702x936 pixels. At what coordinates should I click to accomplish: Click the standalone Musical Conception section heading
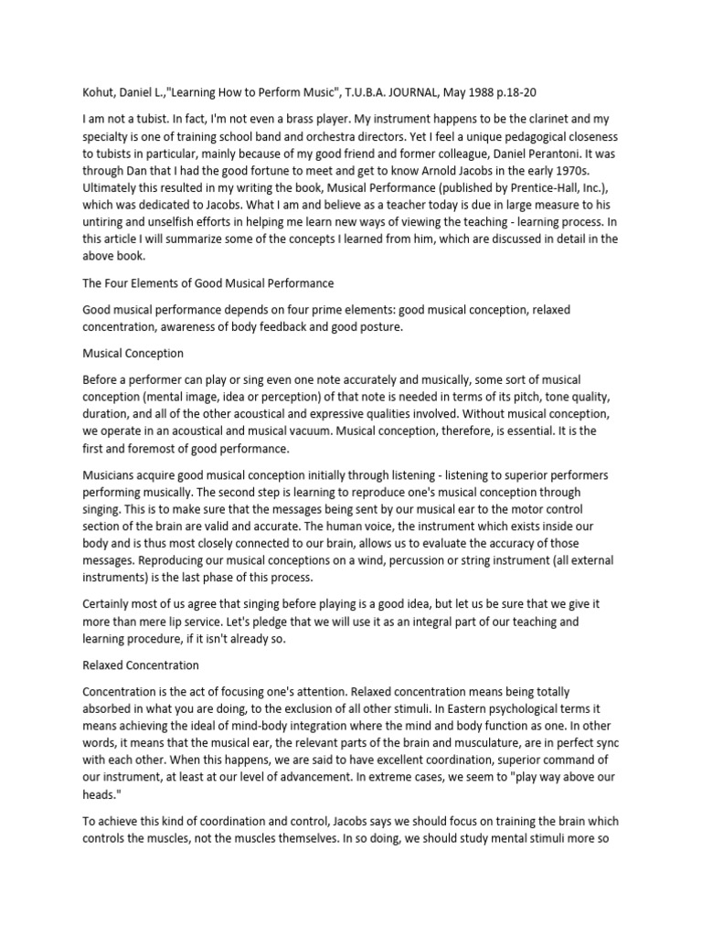(133, 353)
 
